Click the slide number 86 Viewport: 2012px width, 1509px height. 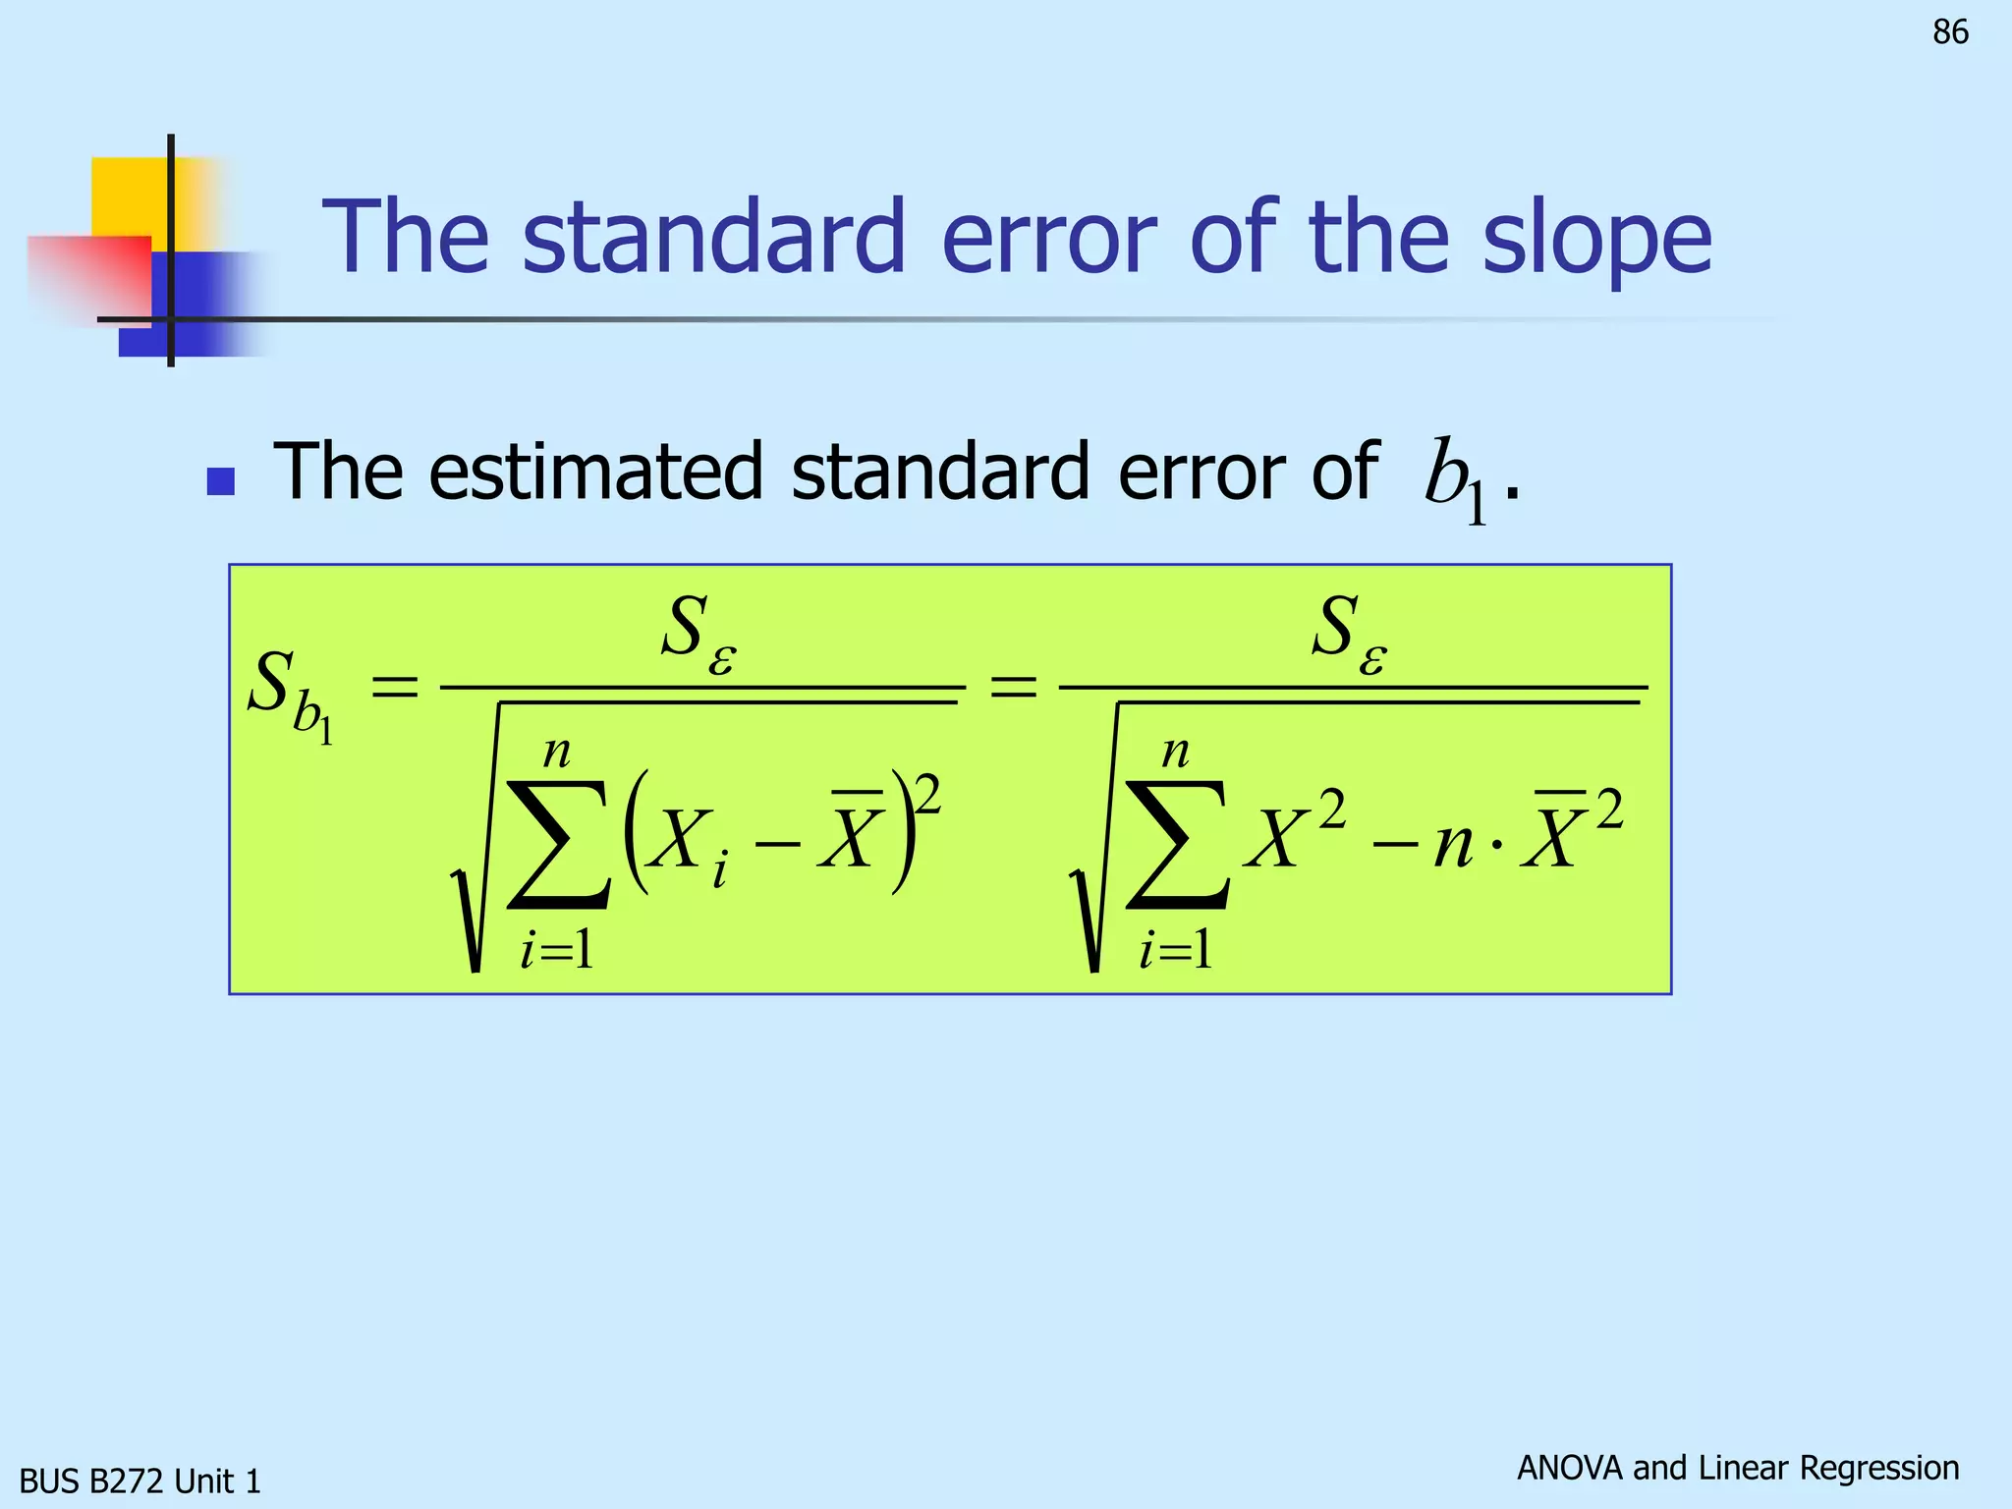(x=1950, y=32)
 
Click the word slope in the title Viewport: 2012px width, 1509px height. (x=1596, y=239)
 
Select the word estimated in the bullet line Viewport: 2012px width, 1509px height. (x=595, y=472)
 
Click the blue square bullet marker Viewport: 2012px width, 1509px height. (x=221, y=481)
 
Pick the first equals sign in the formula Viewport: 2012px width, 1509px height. (x=394, y=686)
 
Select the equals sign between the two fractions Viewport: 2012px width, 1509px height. (x=1013, y=686)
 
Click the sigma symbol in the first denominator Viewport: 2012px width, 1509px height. (x=558, y=845)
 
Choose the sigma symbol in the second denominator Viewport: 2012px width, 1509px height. (x=1176, y=845)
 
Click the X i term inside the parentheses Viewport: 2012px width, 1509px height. (x=687, y=845)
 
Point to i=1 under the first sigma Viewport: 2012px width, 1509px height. (x=557, y=950)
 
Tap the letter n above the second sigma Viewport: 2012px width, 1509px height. (x=1175, y=754)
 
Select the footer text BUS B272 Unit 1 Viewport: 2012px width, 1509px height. (x=140, y=1481)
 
